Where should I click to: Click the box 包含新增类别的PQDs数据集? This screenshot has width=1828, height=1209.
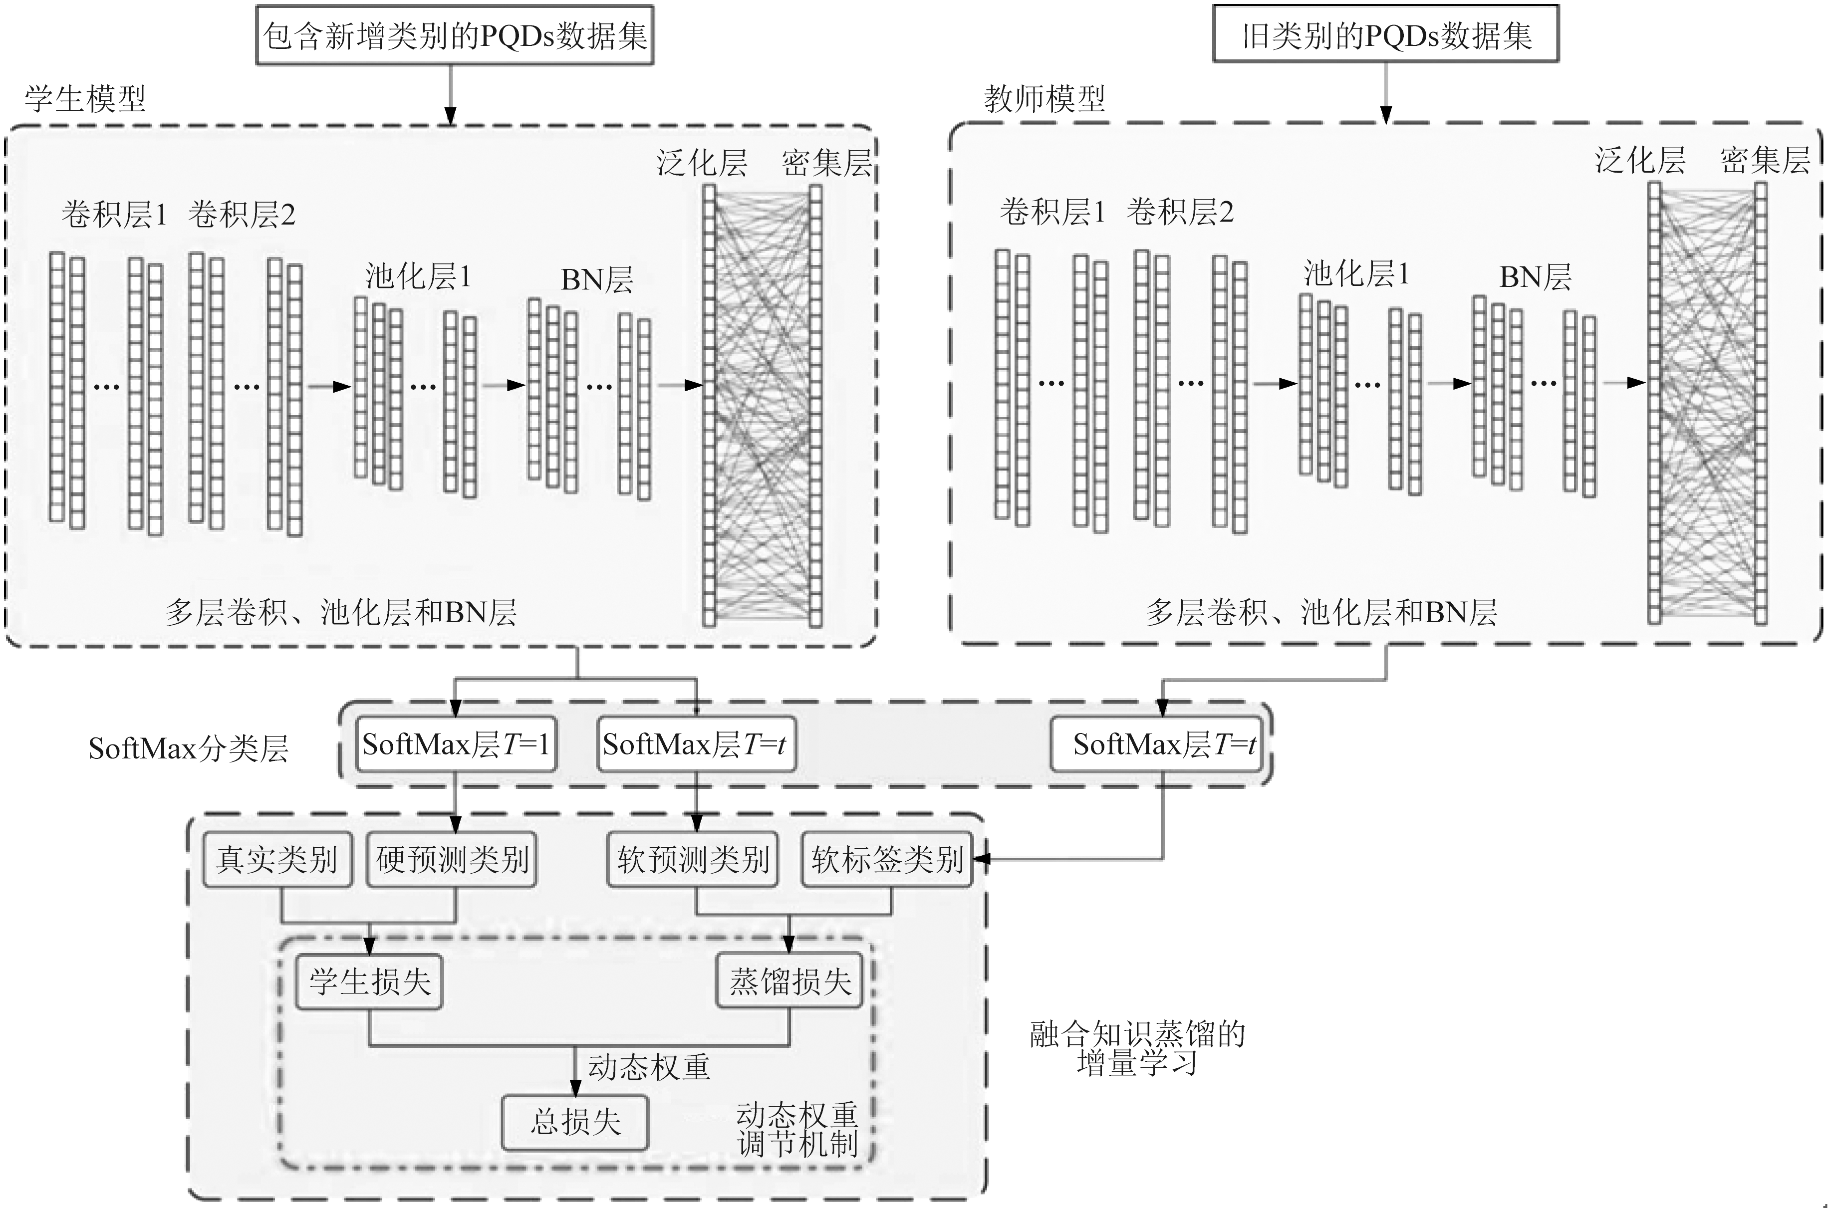(455, 35)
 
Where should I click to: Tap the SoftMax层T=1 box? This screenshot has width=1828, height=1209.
(455, 744)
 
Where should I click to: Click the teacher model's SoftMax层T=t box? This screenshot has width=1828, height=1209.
(1163, 744)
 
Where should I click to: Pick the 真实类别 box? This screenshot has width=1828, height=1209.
(277, 859)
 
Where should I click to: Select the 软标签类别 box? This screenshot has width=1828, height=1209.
(887, 859)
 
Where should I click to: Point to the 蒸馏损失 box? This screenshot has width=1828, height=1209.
(789, 981)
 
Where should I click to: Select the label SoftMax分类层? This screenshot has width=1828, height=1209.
(188, 748)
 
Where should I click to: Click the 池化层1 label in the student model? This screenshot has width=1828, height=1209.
(418, 276)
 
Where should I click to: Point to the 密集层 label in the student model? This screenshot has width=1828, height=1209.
(826, 163)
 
